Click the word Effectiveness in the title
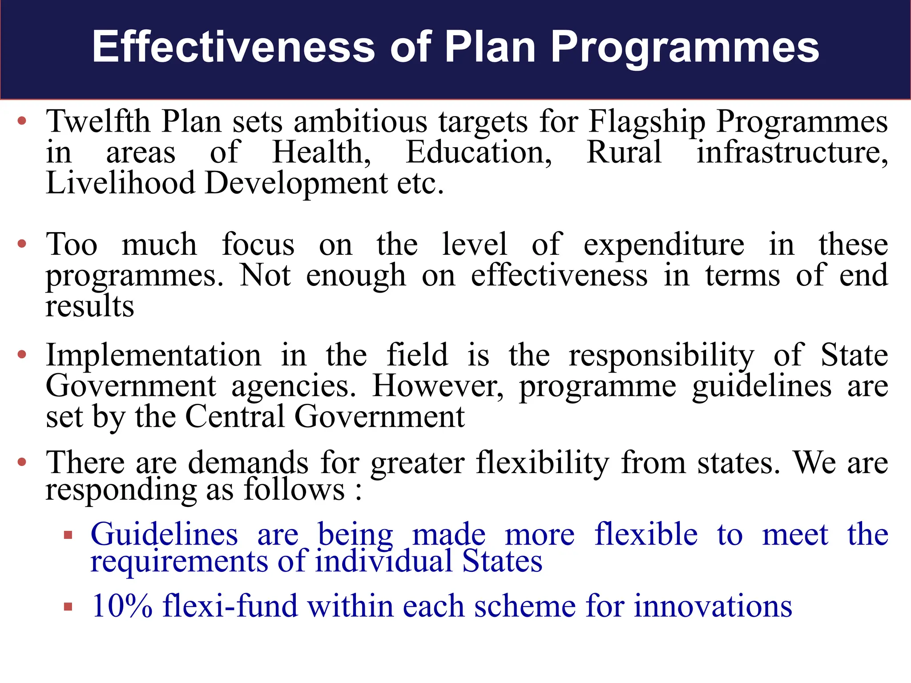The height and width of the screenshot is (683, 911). point(234,47)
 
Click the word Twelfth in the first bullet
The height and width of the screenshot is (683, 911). point(98,122)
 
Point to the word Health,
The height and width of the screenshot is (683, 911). point(322,153)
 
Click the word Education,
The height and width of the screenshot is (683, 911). point(479,153)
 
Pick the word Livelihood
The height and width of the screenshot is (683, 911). point(121,183)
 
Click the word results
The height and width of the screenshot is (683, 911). point(90,307)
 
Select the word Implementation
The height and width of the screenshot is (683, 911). point(153,356)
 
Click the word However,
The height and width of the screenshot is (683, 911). point(438,386)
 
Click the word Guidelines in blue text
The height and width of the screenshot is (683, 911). point(164,534)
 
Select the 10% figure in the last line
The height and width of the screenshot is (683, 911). point(122,606)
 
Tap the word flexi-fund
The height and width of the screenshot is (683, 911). point(230,606)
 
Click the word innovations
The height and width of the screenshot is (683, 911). point(713,606)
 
